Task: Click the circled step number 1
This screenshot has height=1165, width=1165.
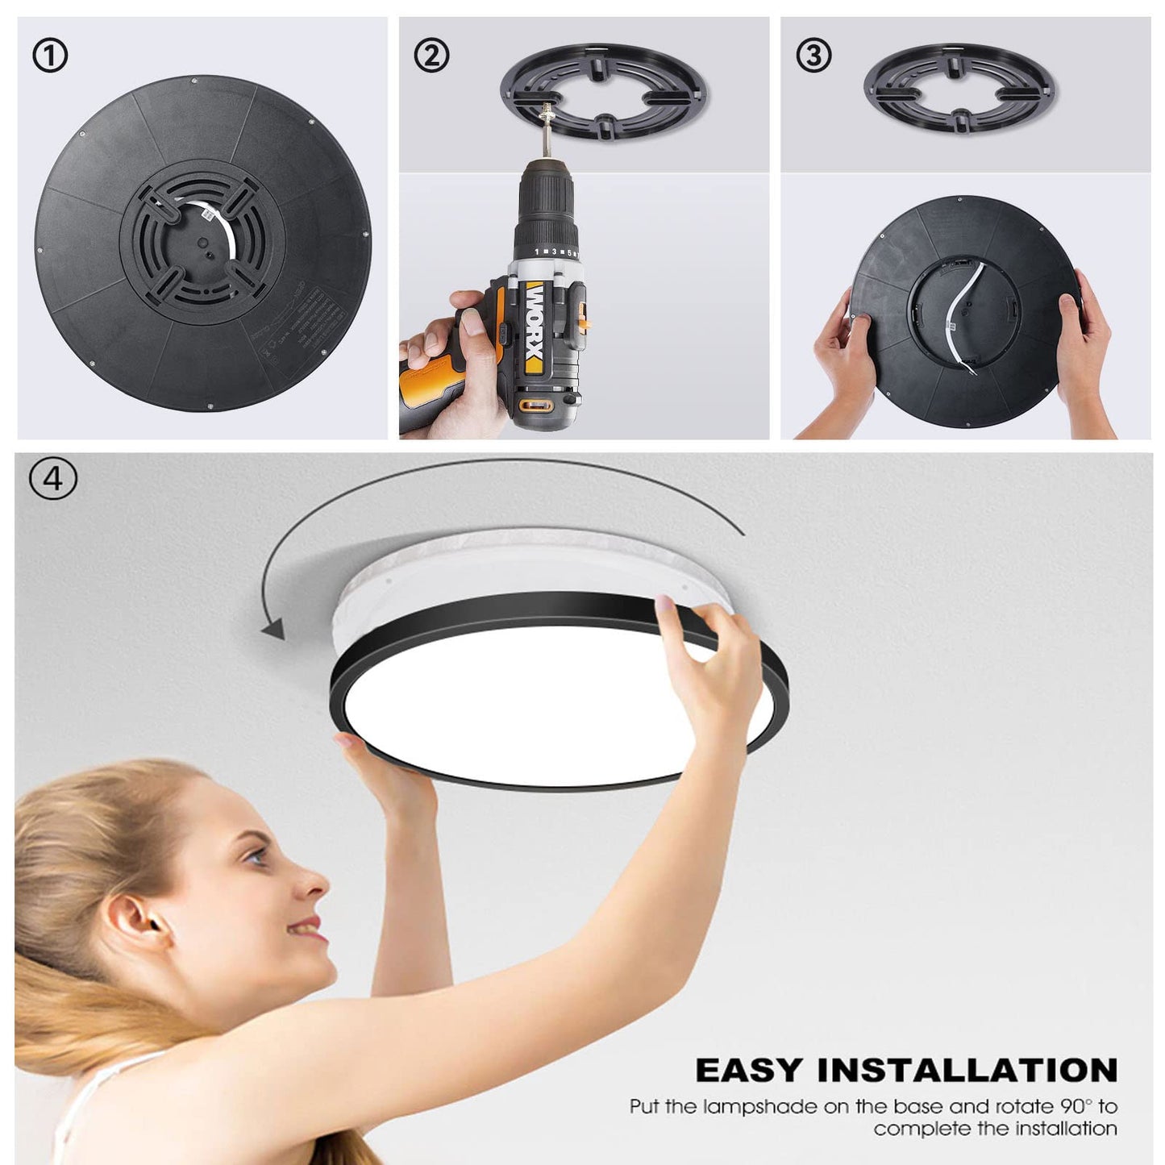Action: (50, 56)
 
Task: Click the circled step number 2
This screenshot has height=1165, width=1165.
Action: (431, 56)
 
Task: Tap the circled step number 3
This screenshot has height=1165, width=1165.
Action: (813, 56)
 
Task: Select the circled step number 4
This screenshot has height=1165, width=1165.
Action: (53, 478)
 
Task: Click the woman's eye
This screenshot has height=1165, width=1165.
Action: (256, 856)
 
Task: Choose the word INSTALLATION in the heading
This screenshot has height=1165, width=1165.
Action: (967, 1071)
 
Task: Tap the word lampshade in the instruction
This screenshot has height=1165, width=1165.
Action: (759, 1107)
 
